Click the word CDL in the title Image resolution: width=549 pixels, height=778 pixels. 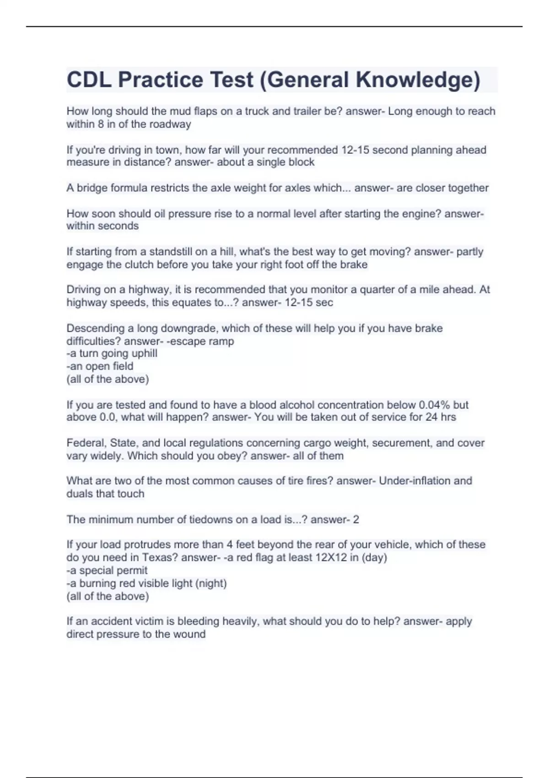click(89, 80)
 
